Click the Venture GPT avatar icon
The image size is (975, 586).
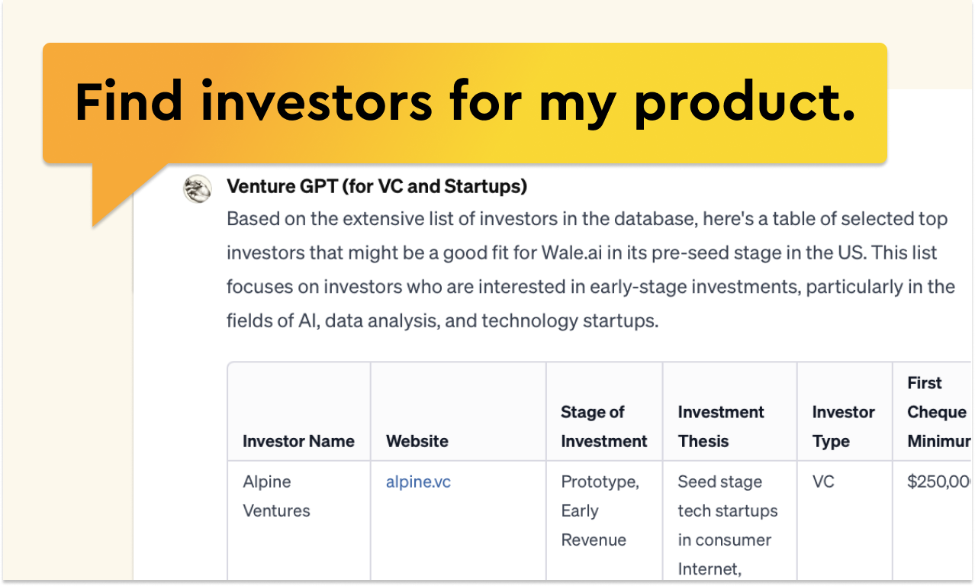click(198, 188)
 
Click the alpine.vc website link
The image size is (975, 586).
click(418, 482)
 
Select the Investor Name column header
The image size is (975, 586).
click(298, 441)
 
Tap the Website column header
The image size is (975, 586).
click(417, 441)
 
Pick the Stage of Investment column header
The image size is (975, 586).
click(603, 427)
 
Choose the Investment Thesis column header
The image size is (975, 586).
click(720, 427)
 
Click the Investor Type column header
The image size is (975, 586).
click(843, 427)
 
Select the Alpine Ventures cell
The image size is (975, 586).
click(276, 496)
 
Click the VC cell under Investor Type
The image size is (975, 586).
click(824, 482)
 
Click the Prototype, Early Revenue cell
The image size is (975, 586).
click(600, 510)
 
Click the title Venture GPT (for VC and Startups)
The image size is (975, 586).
click(377, 186)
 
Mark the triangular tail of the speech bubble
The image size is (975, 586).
click(114, 191)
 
